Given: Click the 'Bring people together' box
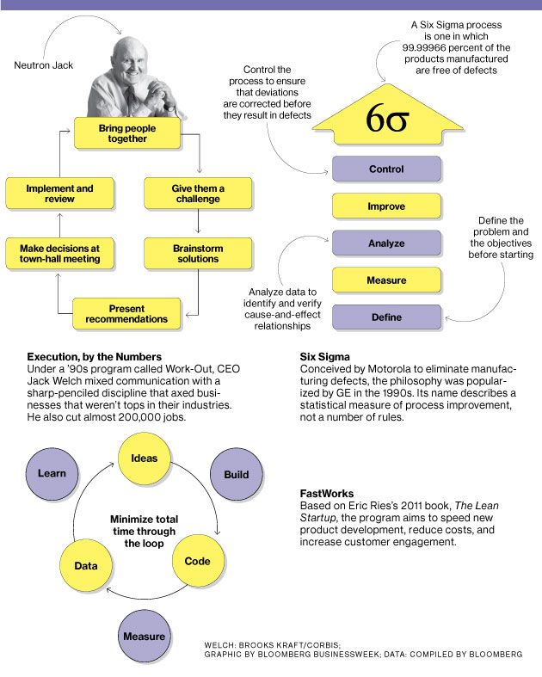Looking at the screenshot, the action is click(127, 133).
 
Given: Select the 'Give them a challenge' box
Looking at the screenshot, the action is click(198, 194).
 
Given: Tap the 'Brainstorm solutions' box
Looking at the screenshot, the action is click(198, 254).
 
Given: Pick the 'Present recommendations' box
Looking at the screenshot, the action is click(126, 314).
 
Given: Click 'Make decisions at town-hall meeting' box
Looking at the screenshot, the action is click(59, 254).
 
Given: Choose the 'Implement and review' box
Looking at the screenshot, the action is click(59, 194).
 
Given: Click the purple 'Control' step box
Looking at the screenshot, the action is click(386, 169).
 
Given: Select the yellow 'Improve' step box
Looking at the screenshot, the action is click(386, 206).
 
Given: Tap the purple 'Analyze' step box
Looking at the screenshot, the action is click(386, 243).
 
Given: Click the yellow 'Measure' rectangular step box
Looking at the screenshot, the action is click(386, 280).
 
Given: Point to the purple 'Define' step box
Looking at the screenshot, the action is click(386, 317).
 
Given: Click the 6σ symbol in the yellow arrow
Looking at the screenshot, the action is click(387, 118).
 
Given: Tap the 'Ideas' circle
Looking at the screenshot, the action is click(145, 459).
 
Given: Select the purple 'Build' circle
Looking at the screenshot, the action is click(237, 474).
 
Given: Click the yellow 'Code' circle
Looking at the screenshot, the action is click(198, 561).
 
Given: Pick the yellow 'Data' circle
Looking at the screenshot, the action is click(85, 566).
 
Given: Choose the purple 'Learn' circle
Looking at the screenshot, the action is click(52, 474).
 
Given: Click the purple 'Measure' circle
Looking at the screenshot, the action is click(145, 636).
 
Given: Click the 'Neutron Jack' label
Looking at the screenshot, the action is click(44, 65).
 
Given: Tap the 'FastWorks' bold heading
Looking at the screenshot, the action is click(327, 494).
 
